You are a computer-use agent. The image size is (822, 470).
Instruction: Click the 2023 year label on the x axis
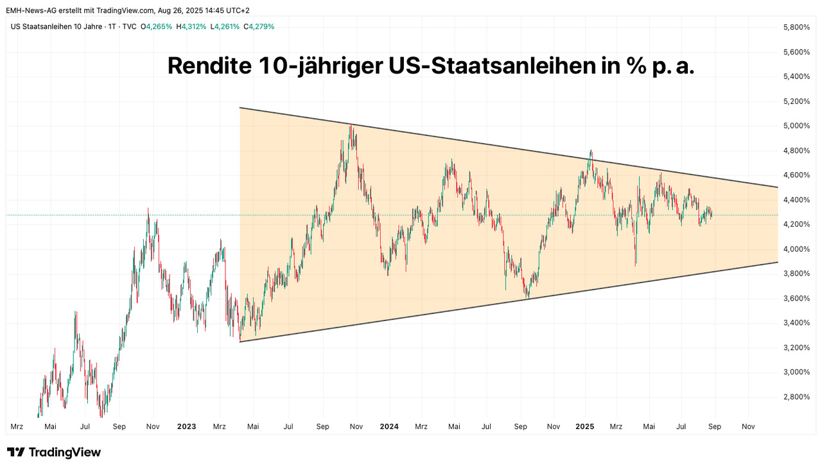[186, 426]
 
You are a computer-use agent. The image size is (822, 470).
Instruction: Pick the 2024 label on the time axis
[389, 426]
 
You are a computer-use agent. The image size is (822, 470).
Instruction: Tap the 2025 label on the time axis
[585, 426]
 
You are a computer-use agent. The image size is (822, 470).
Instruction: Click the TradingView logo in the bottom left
[54, 452]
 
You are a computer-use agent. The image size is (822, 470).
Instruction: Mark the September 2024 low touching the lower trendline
[527, 297]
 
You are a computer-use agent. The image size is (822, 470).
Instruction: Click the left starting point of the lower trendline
[240, 342]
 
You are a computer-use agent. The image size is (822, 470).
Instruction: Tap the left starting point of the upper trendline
[240, 107]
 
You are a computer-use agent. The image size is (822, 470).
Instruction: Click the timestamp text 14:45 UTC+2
[223, 10]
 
